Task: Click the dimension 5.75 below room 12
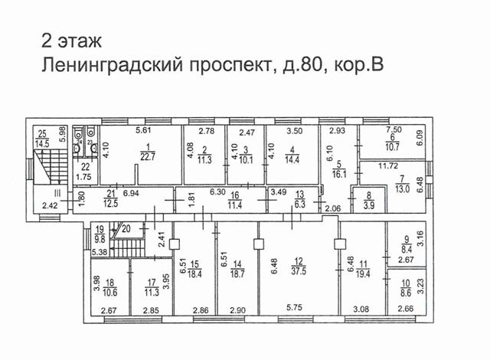(294, 307)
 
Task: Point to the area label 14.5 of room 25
(44, 143)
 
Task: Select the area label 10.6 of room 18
(109, 290)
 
